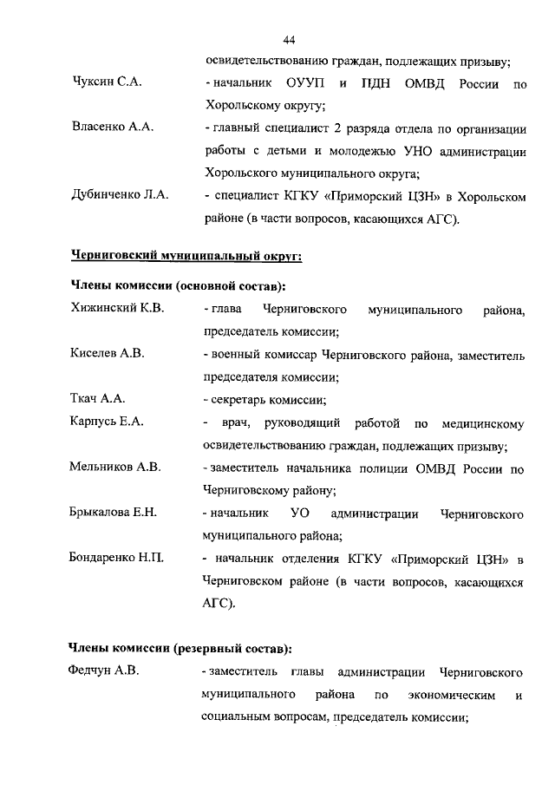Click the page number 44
pos(290,40)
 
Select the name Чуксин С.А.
pos(107,83)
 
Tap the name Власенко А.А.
pos(112,128)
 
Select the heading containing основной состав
pos(178,285)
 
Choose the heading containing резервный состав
pos(180,647)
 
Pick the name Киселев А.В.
pos(107,353)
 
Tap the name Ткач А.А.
pos(97,398)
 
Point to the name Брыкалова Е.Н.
pos(113,513)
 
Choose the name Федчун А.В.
pos(103,671)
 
